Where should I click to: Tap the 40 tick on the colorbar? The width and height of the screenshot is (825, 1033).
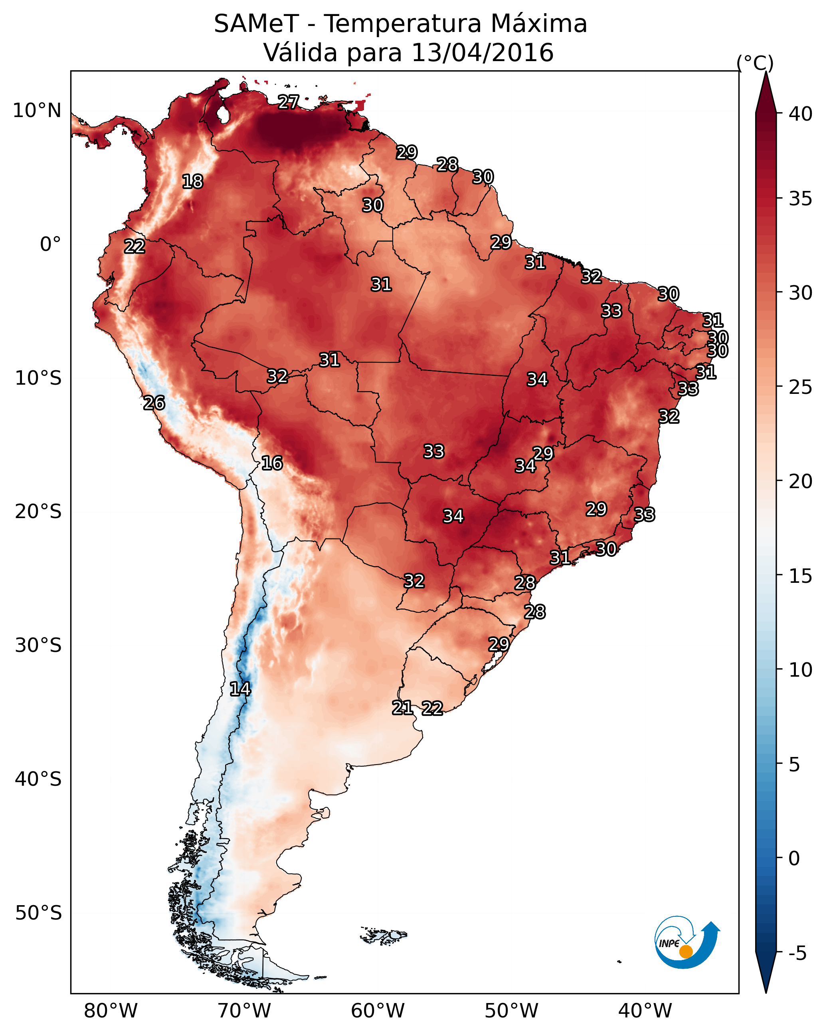click(800, 114)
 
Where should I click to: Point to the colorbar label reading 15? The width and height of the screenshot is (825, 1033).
click(800, 576)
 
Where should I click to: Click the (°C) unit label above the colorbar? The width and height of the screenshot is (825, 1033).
click(755, 63)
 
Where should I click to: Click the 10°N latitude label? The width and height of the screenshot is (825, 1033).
click(37, 111)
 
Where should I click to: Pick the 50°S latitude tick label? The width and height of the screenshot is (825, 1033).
click(38, 913)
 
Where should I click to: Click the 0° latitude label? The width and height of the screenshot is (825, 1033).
click(50, 244)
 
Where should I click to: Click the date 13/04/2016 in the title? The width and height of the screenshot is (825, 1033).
click(482, 53)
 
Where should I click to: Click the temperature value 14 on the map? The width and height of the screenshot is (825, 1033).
click(240, 689)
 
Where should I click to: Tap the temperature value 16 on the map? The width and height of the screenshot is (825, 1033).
click(272, 463)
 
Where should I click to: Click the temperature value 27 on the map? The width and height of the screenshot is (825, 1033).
click(289, 102)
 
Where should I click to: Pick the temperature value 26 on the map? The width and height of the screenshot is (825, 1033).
click(154, 403)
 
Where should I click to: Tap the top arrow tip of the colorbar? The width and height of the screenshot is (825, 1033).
click(766, 73)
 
